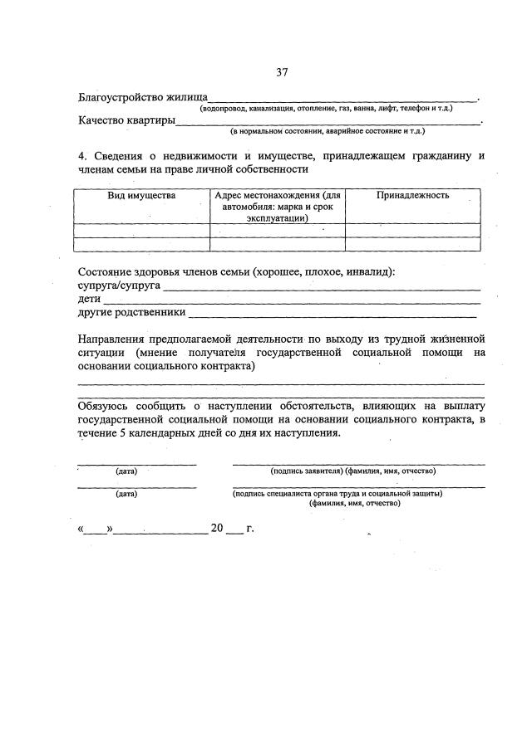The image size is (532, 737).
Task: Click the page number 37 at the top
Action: (x=281, y=73)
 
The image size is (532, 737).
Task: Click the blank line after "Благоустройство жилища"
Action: (x=342, y=99)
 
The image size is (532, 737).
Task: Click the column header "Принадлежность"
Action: (x=412, y=196)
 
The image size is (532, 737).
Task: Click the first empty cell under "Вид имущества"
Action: (x=141, y=231)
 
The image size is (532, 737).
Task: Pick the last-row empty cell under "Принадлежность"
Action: (x=412, y=244)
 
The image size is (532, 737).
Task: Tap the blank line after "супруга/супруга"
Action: (x=321, y=288)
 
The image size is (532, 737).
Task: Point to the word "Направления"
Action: (x=110, y=339)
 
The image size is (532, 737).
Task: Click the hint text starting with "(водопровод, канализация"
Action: (x=325, y=110)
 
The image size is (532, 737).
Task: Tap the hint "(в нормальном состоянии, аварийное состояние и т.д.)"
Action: (x=328, y=132)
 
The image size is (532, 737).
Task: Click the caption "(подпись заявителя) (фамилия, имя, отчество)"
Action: (x=353, y=471)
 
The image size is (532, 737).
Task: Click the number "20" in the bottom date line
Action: (x=218, y=529)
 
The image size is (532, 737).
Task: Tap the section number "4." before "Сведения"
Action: (x=83, y=155)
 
